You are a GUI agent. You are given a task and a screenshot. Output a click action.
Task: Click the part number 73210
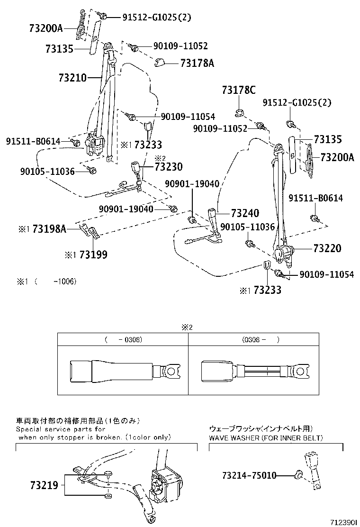click(72, 78)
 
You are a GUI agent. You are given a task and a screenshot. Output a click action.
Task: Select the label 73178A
click(197, 63)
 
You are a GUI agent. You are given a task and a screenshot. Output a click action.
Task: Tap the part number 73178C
click(239, 90)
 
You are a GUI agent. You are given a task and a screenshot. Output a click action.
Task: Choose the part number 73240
click(245, 213)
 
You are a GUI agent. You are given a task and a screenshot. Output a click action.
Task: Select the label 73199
click(93, 254)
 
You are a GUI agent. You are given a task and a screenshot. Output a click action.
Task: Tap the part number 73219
click(44, 485)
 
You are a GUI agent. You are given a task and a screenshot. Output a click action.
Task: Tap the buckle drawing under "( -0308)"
click(125, 368)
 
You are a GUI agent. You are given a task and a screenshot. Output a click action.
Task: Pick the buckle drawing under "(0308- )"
click(256, 368)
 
